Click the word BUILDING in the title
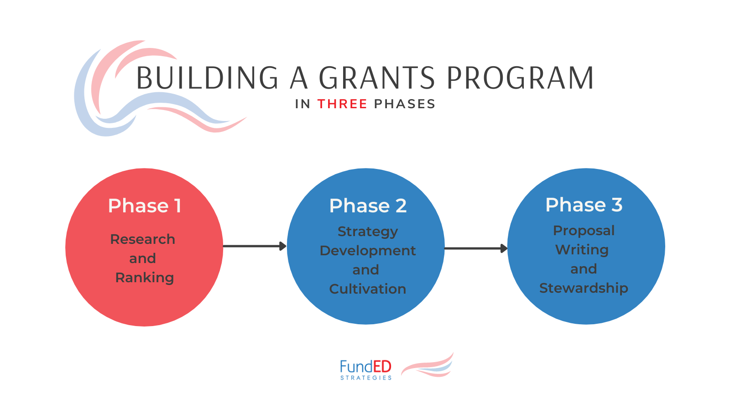[208, 78]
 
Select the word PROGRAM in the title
[520, 78]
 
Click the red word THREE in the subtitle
[342, 104]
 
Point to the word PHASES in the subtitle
[404, 104]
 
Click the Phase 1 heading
[145, 206]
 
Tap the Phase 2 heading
[368, 206]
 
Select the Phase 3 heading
[584, 205]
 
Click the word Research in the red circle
[143, 239]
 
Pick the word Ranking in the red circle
[145, 278]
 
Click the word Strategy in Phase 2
[368, 232]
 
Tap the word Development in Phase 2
[368, 251]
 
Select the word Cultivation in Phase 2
[368, 289]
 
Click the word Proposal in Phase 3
[584, 231]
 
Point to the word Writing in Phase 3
[582, 250]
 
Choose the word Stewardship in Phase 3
[584, 288]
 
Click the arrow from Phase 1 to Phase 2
[254, 247]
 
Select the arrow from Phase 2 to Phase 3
[475, 248]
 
